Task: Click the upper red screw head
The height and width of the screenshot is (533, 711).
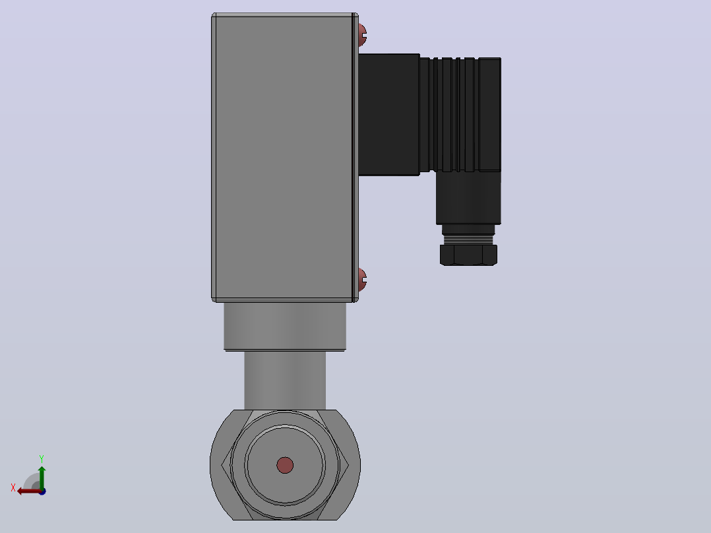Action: [x=362, y=35]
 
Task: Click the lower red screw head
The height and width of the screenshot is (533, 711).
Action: [x=362, y=280]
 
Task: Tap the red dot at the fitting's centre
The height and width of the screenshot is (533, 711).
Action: [x=285, y=465]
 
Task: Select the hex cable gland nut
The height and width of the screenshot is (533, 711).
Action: [x=468, y=255]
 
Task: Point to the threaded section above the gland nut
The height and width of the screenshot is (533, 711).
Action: [x=468, y=239]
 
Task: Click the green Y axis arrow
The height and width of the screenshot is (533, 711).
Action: [x=42, y=477]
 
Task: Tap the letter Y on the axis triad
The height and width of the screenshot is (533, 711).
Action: [x=42, y=458]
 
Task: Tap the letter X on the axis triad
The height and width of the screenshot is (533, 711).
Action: [x=13, y=487]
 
